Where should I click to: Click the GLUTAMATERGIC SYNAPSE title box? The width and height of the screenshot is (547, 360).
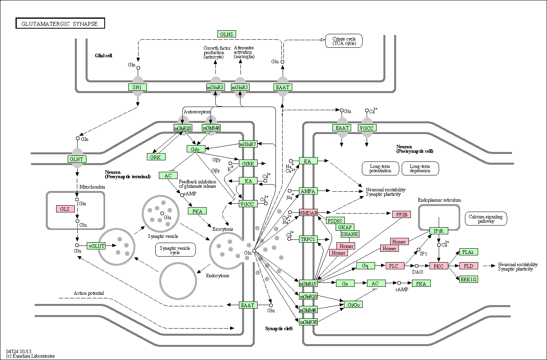(61, 23)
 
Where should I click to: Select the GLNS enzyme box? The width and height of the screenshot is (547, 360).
(227, 34)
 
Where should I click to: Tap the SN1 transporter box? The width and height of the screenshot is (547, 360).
(137, 87)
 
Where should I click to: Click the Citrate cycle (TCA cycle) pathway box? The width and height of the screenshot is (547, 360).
(344, 41)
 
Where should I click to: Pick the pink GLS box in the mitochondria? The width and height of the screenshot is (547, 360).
(65, 209)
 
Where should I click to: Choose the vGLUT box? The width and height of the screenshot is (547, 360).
(96, 246)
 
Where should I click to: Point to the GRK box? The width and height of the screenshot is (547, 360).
(156, 157)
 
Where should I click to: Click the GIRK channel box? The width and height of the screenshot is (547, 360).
(248, 163)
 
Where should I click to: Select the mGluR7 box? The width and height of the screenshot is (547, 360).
(248, 144)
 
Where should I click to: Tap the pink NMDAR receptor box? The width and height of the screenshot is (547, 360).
(308, 213)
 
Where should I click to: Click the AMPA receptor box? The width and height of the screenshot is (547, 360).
(308, 191)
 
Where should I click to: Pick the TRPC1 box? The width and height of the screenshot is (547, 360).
(308, 239)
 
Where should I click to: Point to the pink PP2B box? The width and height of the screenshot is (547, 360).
(402, 214)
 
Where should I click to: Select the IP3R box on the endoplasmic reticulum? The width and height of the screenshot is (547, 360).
(439, 231)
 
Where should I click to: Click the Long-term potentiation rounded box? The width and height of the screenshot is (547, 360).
(381, 168)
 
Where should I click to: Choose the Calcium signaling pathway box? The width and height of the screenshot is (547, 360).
(486, 219)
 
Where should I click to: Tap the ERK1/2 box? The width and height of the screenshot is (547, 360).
(469, 279)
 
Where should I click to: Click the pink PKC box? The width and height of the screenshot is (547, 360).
(439, 266)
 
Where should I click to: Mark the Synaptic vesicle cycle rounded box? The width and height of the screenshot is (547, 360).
(175, 250)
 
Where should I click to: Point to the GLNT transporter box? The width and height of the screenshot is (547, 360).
(77, 160)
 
